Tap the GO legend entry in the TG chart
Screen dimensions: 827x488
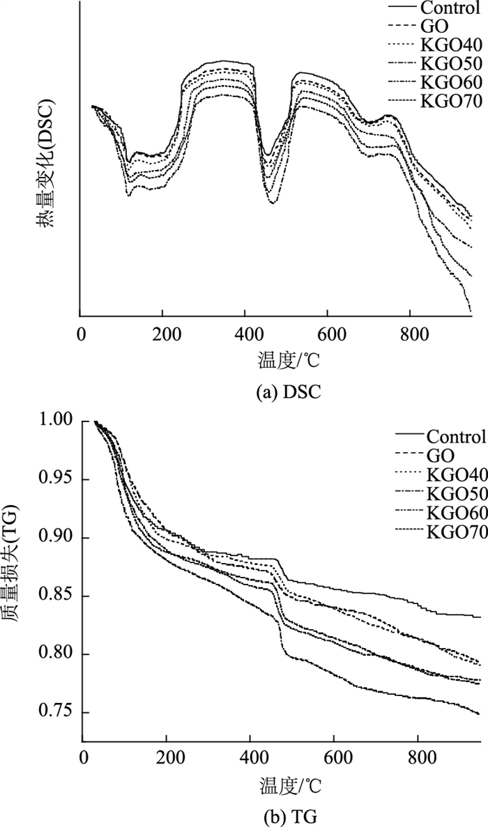(x=439, y=456)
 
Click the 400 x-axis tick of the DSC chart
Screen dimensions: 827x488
(x=245, y=333)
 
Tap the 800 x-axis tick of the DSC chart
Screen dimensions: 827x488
(x=410, y=333)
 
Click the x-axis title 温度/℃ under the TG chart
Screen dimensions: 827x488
(x=283, y=785)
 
